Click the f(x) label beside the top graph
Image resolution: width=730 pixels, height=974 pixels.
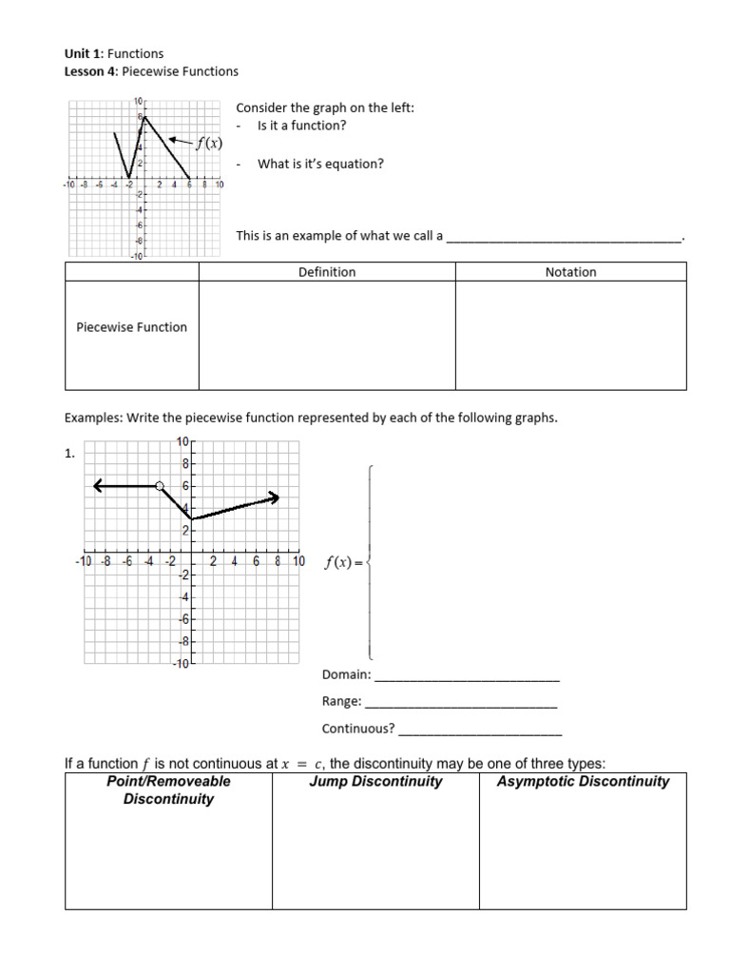(x=208, y=144)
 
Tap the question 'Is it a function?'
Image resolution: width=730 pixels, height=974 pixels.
(x=301, y=126)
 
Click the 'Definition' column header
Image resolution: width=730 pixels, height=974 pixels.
(x=326, y=272)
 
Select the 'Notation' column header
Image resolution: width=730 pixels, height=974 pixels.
(x=570, y=272)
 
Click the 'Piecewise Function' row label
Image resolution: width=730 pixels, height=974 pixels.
(x=131, y=327)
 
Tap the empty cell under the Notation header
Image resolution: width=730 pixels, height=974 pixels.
(x=570, y=335)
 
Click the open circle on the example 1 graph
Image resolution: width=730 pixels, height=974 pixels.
(x=160, y=486)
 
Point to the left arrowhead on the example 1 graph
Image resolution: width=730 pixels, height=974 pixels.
(x=98, y=486)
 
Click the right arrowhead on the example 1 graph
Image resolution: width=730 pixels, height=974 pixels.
(x=274, y=497)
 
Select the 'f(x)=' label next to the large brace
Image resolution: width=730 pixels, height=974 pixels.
(x=343, y=562)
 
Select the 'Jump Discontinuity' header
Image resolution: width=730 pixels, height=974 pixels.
(x=375, y=782)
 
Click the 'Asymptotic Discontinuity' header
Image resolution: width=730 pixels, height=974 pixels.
(x=583, y=782)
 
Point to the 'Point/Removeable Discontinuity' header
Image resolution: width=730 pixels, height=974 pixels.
(x=168, y=790)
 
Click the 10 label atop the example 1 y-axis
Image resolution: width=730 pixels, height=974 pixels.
(x=182, y=441)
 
